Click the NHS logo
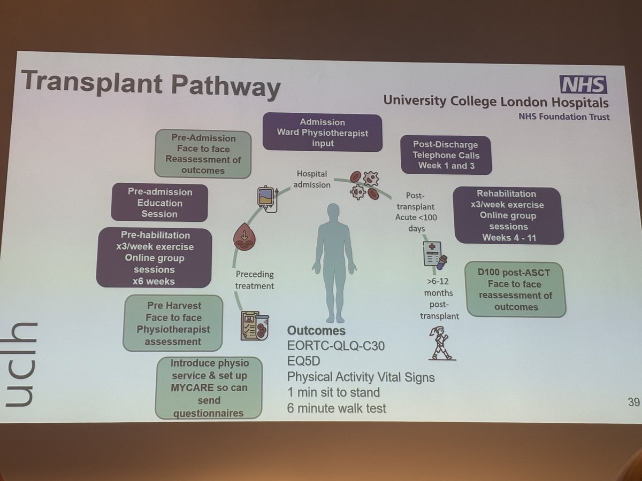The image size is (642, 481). coord(584,85)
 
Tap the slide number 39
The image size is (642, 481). coord(633,402)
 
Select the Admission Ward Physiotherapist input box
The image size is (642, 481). coord(322,133)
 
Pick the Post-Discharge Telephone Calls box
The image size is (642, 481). coord(446,156)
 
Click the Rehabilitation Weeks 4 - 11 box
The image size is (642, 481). coord(508,215)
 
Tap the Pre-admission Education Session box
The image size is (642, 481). coord(159,203)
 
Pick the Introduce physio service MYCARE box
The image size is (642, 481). coord(209,387)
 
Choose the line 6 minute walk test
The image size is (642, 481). coord(336,409)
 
